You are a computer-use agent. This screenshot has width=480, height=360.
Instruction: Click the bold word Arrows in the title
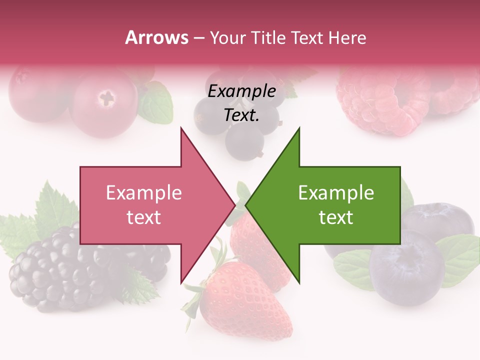[x=156, y=37]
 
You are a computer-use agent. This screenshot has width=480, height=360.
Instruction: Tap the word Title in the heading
[x=268, y=37]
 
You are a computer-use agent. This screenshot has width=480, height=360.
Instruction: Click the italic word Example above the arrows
[x=241, y=91]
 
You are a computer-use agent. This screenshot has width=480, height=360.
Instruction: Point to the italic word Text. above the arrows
[x=241, y=115]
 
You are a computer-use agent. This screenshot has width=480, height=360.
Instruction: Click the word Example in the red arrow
[x=143, y=193]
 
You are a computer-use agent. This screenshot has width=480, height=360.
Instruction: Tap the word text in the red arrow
[x=143, y=217]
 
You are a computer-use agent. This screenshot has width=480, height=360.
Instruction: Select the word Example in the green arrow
[x=336, y=193]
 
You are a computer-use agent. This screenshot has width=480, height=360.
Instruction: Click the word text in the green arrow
[x=336, y=217]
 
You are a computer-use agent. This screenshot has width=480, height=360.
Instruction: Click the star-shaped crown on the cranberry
[x=106, y=97]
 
